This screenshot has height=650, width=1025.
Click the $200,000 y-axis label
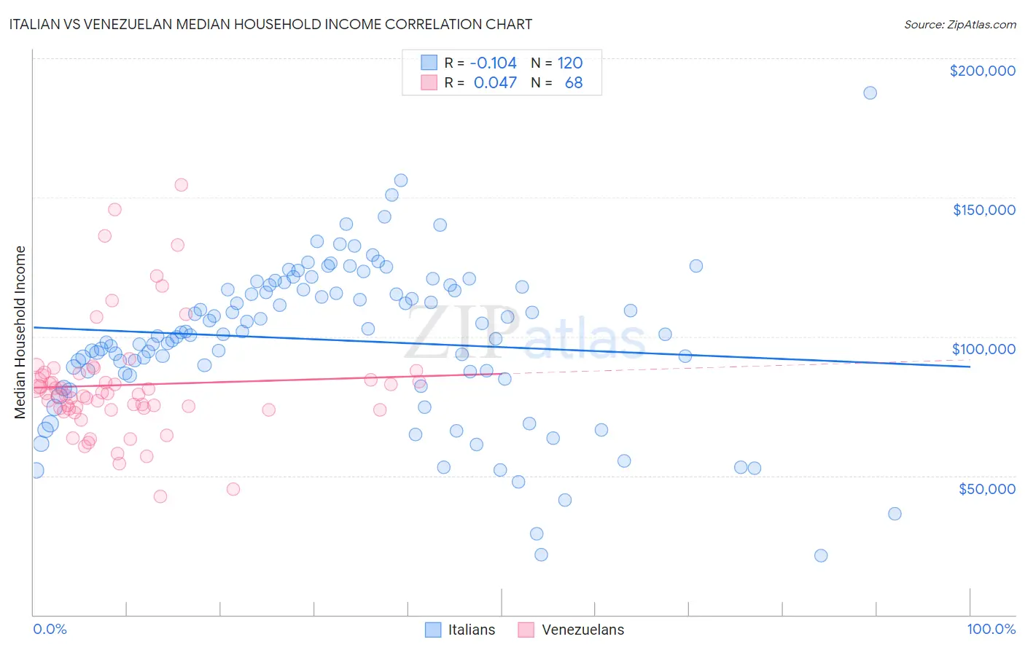[x=982, y=71]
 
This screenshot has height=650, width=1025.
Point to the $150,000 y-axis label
[x=983, y=210]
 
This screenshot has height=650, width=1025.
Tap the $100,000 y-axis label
[x=983, y=349]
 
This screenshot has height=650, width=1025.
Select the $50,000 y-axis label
[x=986, y=488]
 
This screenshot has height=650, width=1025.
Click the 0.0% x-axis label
[x=50, y=629]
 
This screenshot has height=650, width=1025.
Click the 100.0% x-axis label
[x=991, y=629]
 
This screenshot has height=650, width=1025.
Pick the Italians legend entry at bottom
[x=460, y=630]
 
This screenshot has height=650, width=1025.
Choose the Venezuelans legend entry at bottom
[x=572, y=630]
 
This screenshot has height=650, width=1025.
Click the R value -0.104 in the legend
[x=493, y=63]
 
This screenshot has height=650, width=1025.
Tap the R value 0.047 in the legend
[x=495, y=82]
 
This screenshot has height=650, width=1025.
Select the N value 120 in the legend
[x=570, y=63]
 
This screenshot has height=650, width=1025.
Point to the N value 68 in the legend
[x=574, y=82]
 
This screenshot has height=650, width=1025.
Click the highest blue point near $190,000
[x=870, y=93]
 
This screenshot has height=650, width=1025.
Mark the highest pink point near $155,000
[x=181, y=184]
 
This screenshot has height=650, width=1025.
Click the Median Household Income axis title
[x=20, y=332]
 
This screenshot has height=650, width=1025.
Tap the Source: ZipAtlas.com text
[x=959, y=24]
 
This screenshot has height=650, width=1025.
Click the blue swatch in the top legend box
[x=429, y=63]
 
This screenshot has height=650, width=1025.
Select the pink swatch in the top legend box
[x=429, y=82]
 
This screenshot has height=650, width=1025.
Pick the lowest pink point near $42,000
[x=160, y=496]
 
